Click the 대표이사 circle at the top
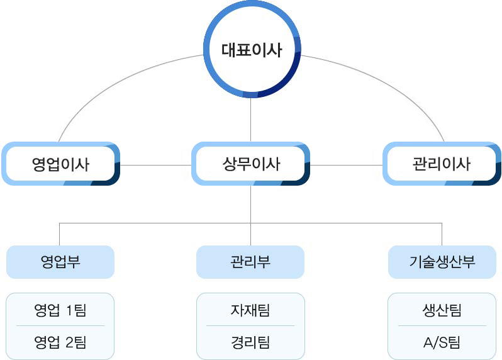pos(252,49)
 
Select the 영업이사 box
pos(61,164)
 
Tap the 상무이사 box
pos(250,164)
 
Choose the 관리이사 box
pos(442,164)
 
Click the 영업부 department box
pos(60,262)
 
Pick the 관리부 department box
pos(250,262)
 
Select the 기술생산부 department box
pos(442,262)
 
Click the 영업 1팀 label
pos(60,310)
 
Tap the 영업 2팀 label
pos(60,342)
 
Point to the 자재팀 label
pos(250,310)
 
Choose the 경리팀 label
pos(250,342)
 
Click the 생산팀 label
pos(442,310)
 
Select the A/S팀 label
pos(442,342)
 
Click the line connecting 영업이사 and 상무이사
pos(155,166)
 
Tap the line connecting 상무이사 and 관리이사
pos(346,166)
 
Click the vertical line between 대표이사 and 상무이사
pos(250,120)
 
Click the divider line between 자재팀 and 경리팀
pos(250,326)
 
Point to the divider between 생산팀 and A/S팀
pos(442,326)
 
